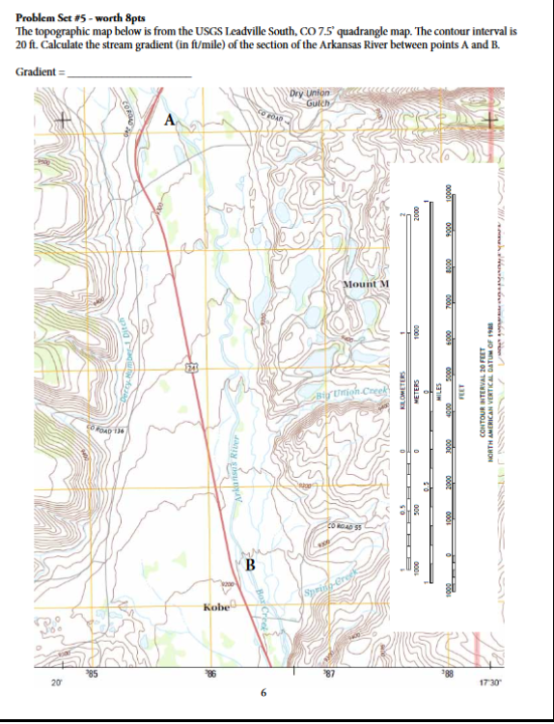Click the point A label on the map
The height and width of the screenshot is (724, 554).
coord(171,120)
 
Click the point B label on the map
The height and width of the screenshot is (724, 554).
coord(249,563)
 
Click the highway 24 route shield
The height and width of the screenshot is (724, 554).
coord(191,366)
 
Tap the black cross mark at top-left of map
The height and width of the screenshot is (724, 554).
coord(64,120)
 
